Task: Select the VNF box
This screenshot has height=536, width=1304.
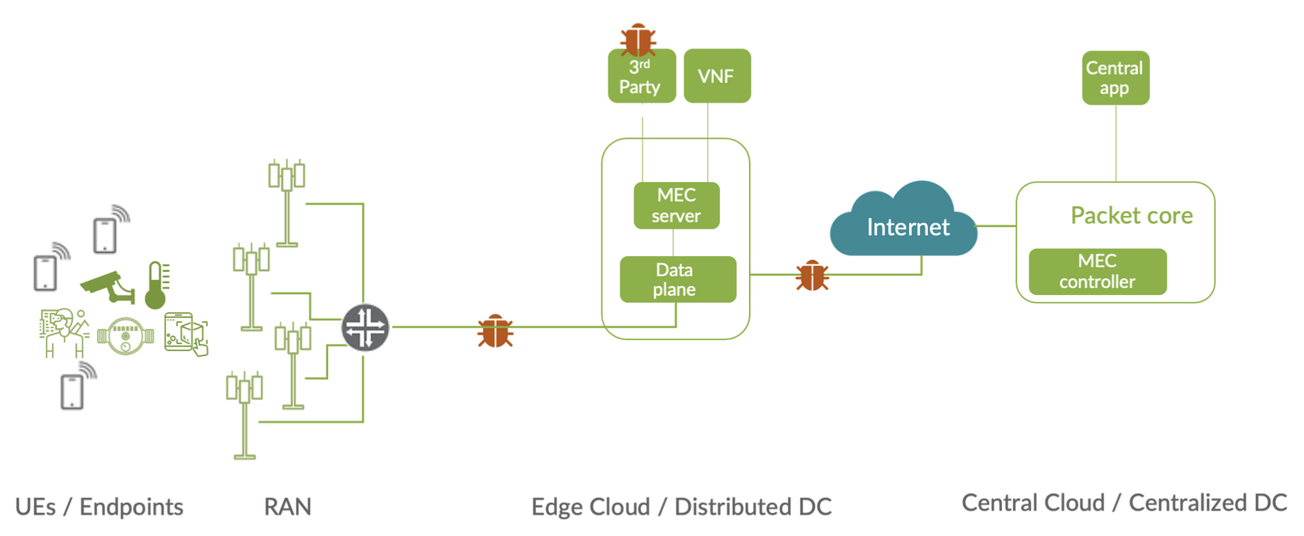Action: (717, 76)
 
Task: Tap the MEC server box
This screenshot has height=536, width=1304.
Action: (676, 206)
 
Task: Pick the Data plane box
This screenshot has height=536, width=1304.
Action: (677, 279)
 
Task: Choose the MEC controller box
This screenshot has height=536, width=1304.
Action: (1097, 271)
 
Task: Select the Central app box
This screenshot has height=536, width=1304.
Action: (1115, 77)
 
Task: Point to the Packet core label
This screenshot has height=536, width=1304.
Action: (1131, 215)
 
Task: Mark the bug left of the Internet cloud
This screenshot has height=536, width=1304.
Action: (812, 275)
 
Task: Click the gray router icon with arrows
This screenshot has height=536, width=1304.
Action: (365, 327)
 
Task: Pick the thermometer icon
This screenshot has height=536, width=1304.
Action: (156, 285)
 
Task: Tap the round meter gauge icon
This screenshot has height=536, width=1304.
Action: (125, 336)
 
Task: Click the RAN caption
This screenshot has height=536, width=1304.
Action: (288, 507)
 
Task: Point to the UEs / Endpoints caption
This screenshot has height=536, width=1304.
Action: (99, 507)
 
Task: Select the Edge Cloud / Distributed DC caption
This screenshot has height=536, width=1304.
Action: (681, 507)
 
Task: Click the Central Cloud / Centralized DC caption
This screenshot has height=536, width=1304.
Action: (1124, 503)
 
